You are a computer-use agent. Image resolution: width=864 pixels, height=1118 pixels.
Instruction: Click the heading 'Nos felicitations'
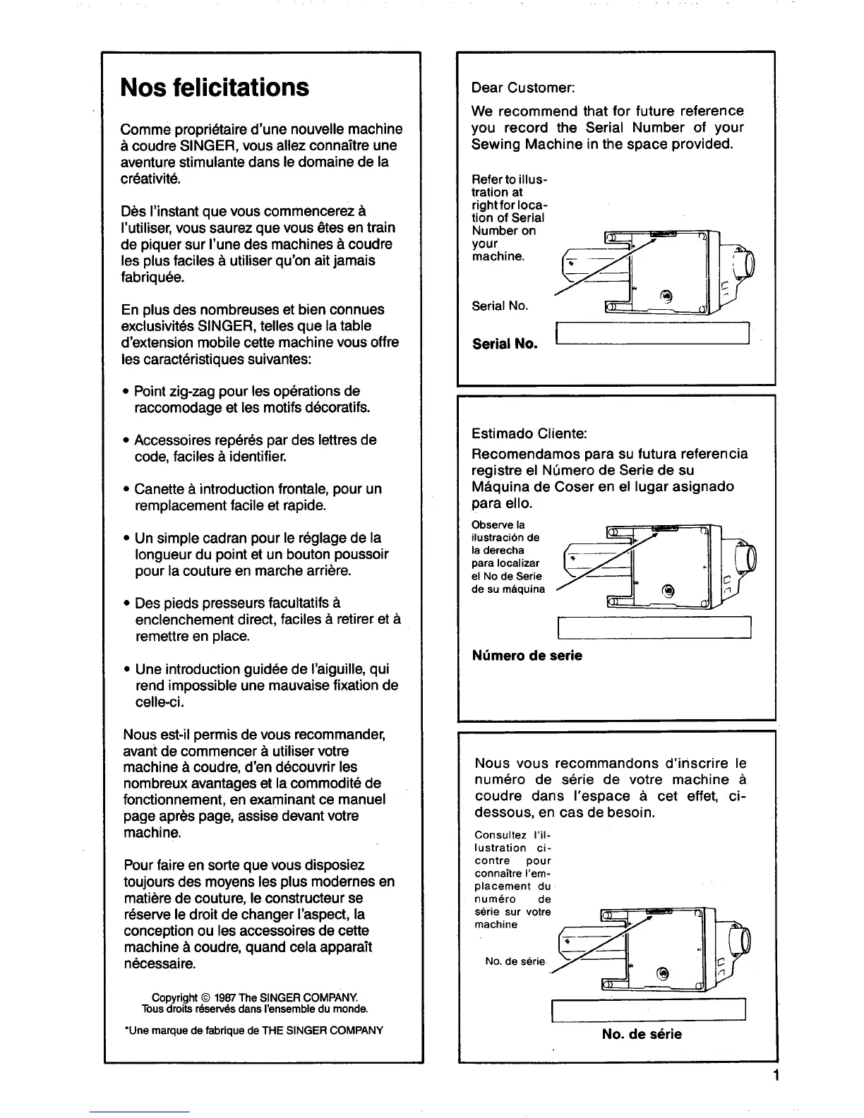(x=215, y=88)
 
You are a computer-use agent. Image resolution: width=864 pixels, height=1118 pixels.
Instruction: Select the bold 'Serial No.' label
(x=505, y=344)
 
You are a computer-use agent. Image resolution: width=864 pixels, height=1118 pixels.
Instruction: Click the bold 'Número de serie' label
(x=527, y=656)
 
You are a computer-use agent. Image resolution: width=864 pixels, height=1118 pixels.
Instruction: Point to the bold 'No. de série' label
(x=642, y=1034)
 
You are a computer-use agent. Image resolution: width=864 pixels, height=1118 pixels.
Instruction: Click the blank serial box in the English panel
(x=652, y=333)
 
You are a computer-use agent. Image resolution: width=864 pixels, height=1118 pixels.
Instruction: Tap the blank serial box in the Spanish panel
(x=654, y=627)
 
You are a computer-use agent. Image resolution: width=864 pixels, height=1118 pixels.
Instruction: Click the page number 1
(x=775, y=1076)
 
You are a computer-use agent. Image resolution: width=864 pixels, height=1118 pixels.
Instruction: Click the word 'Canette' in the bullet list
(x=157, y=489)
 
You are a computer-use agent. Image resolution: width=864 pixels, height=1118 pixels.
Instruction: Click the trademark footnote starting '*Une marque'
(x=253, y=1030)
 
